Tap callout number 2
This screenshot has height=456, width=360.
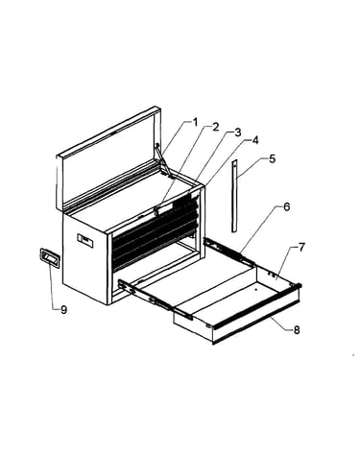tap(215, 127)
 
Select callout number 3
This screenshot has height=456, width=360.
tap(237, 132)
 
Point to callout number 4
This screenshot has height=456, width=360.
tap(254, 140)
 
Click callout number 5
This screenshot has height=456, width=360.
tap(272, 158)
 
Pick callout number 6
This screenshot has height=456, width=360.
tap(287, 206)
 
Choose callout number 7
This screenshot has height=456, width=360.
tap(301, 247)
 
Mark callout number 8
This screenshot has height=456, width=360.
tap(297, 330)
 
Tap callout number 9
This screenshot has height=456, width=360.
tap(64, 309)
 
